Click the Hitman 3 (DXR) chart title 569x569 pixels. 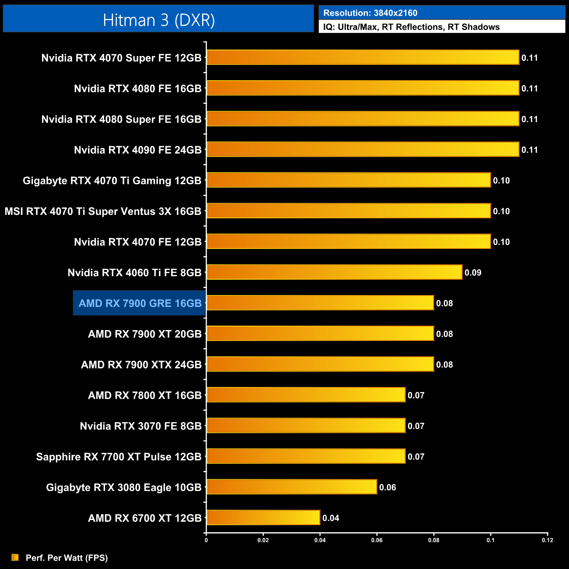point(158,20)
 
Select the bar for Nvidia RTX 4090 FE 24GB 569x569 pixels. point(362,150)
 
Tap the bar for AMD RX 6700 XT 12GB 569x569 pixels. point(263,518)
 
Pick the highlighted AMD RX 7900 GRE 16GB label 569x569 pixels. point(140,303)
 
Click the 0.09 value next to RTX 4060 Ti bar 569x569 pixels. point(473,273)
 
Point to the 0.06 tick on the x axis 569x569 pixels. point(377,540)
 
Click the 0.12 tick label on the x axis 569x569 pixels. point(548,540)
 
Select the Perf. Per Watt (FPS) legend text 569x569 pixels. point(67,558)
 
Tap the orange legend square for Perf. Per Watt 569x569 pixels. point(15,557)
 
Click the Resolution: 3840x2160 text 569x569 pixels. point(370,13)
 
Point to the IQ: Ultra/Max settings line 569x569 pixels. point(411,27)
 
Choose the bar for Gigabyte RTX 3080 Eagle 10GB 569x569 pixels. point(292,487)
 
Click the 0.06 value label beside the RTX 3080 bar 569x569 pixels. point(387,488)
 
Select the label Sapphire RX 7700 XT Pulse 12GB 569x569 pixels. point(119,457)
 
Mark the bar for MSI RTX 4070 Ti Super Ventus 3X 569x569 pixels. point(348,211)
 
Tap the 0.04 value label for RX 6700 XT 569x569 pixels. point(330,518)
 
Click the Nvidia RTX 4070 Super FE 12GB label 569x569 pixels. point(121,58)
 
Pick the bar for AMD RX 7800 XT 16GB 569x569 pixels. point(306,395)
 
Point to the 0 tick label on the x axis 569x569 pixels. point(206,540)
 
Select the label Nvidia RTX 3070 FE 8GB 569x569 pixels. point(140,426)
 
